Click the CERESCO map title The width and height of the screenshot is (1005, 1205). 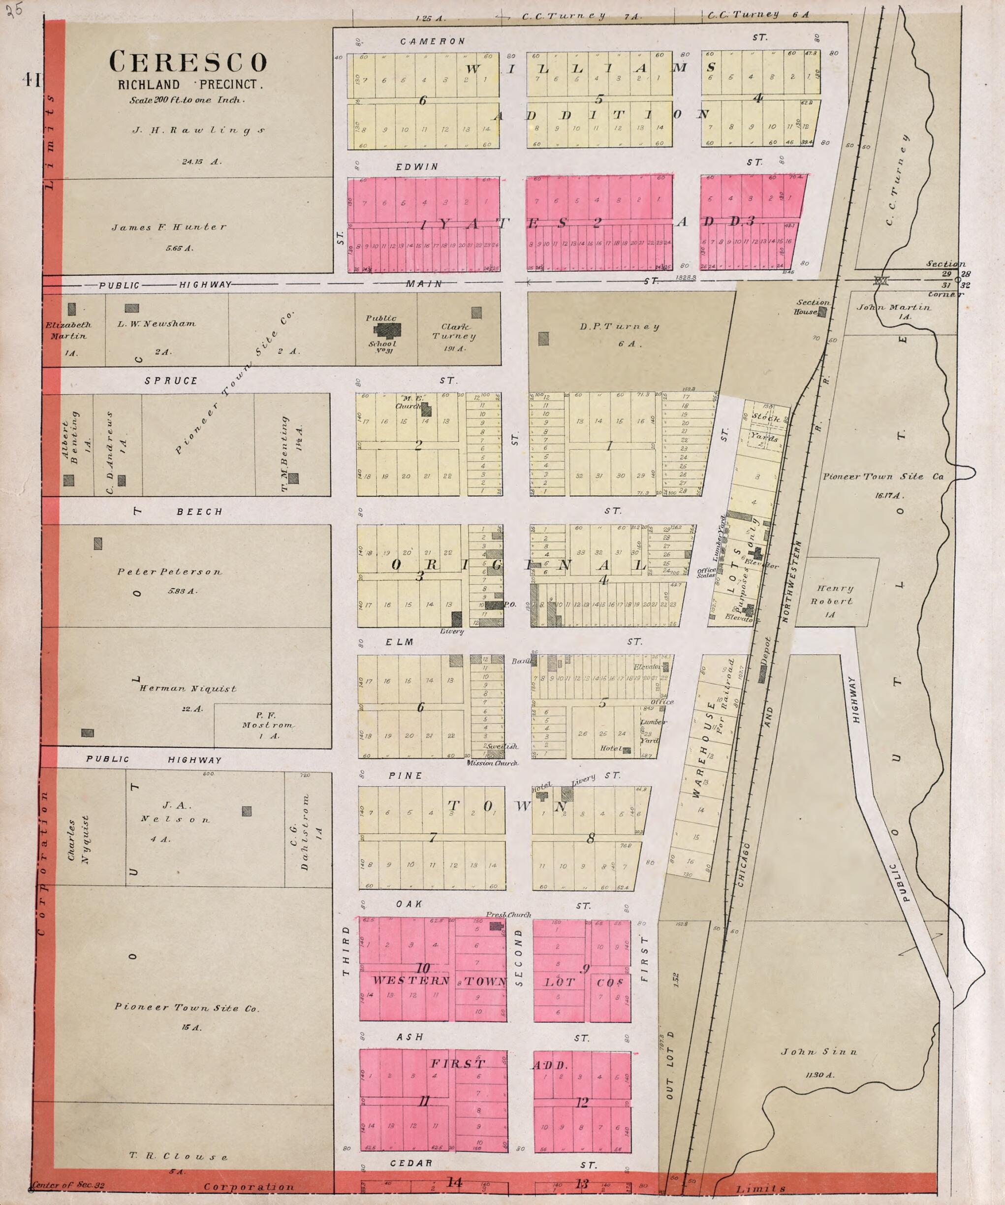(x=188, y=62)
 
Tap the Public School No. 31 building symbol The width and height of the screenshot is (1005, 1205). (x=388, y=330)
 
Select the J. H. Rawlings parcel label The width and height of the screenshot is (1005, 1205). (x=199, y=130)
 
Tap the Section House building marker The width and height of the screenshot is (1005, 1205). (x=822, y=312)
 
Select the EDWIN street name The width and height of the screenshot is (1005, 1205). (x=417, y=167)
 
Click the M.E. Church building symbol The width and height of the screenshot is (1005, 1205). (x=426, y=410)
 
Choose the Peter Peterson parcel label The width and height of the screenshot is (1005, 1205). (x=170, y=571)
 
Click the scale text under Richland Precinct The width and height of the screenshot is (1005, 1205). (x=187, y=100)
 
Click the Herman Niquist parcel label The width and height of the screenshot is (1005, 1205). (x=188, y=689)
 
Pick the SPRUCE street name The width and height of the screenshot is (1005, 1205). (x=171, y=381)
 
